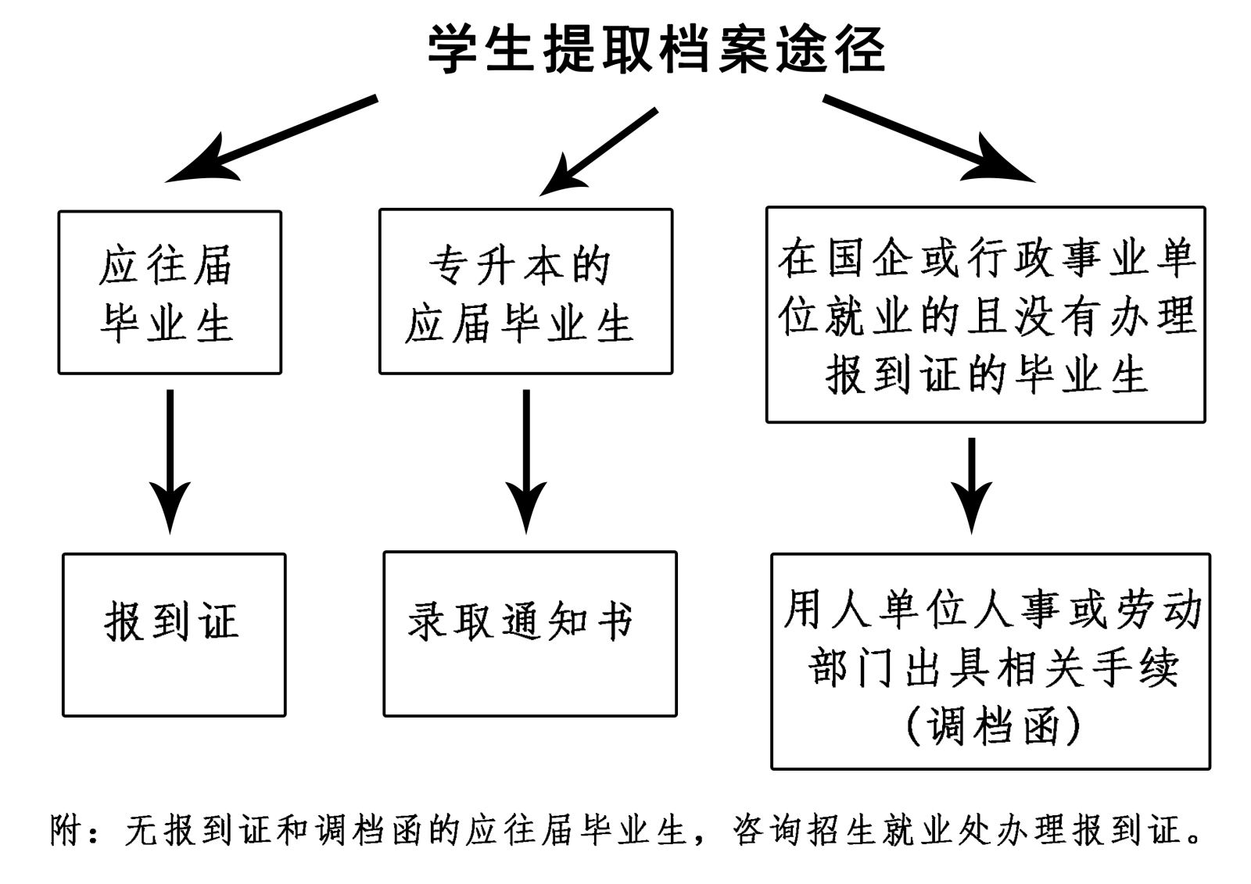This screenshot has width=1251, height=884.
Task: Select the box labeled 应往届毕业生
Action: click(x=170, y=292)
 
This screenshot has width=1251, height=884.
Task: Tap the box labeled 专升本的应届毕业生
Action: click(x=525, y=292)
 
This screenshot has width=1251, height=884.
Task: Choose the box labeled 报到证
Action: click(x=174, y=635)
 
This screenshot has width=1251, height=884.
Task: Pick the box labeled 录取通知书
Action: click(x=529, y=634)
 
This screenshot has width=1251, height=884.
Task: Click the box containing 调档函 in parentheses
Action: click(x=990, y=661)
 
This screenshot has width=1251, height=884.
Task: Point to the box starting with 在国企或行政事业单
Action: click(x=985, y=315)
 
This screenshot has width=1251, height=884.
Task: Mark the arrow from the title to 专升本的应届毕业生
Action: click(x=598, y=152)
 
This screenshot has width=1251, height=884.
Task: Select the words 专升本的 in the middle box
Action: click(x=519, y=265)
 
